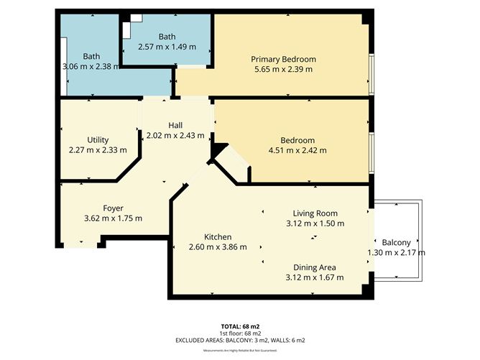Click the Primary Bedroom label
pos(283,59)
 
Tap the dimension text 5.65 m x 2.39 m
pos(283,70)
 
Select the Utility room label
pos(98,139)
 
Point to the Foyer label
pos(113,208)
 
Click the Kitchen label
pos(217,236)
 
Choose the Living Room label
pos(315,213)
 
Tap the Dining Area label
pos(314,267)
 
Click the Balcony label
pos(396,242)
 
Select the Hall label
pos(175,124)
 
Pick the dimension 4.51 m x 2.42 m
pos(297,150)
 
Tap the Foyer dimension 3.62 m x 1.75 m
pos(113,218)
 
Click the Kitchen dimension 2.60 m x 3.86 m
pos(217,247)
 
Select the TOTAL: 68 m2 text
pos(240,326)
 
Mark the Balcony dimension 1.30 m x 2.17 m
pos(396,253)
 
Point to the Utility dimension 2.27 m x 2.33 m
pos(98,150)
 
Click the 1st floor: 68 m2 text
pos(240,333)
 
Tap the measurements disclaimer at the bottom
pos(240,350)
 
